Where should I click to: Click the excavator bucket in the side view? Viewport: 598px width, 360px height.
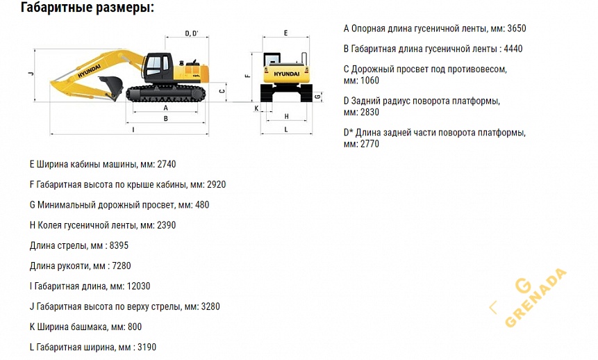(x=111, y=88)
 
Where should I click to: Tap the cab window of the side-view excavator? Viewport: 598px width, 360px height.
(x=154, y=67)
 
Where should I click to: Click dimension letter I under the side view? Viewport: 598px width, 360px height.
(x=133, y=129)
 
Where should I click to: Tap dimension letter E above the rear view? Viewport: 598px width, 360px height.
(x=286, y=33)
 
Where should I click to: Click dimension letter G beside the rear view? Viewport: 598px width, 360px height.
(x=317, y=97)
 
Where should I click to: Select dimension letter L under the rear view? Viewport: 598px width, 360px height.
(x=286, y=129)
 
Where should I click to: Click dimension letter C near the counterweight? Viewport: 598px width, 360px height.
(x=220, y=90)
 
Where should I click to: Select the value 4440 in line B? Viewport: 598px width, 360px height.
(x=510, y=49)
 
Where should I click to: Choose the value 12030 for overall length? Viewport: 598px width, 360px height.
(x=138, y=286)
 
